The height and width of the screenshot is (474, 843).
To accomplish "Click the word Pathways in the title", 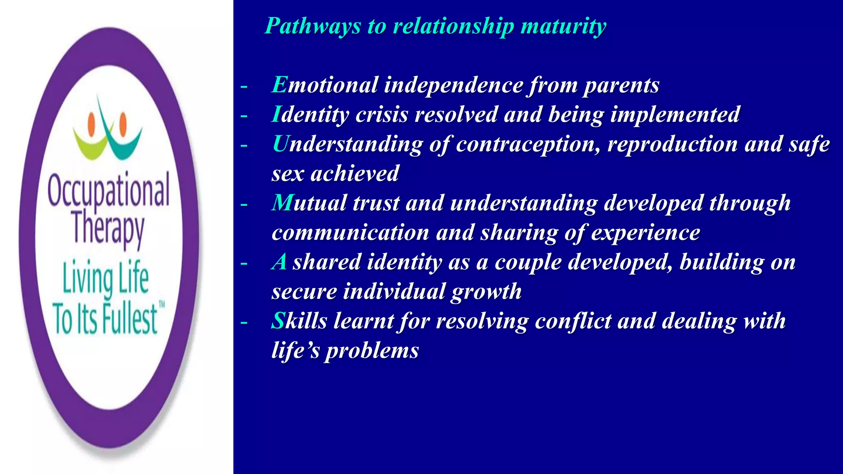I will point(313,26).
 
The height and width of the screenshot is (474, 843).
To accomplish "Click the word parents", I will point(621,86).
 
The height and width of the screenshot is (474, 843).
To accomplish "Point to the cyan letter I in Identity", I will point(276,114).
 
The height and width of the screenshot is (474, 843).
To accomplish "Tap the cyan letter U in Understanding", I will point(281,144).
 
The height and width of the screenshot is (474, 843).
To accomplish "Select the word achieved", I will point(355,174).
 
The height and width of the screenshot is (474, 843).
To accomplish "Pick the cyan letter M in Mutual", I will point(282,203).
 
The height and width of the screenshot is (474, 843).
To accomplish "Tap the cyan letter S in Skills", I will point(278,321).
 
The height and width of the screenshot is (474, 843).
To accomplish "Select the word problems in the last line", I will point(372,351).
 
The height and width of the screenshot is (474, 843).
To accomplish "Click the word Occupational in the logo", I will point(108,191).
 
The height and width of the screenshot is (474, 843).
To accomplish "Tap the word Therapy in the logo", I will point(108,229).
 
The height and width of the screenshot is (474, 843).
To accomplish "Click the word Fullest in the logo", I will point(130,319).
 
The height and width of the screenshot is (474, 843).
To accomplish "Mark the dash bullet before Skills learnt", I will point(244,322).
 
